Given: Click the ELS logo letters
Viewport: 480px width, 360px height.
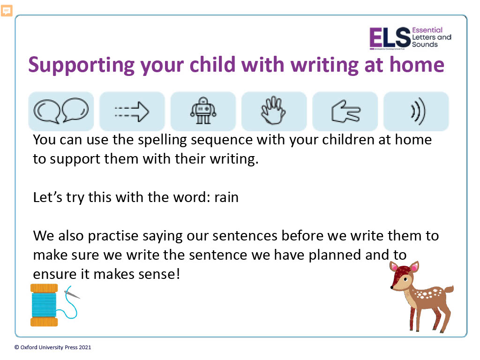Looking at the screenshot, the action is (x=390, y=37).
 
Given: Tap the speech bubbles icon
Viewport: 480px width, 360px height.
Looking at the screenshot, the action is (x=61, y=111).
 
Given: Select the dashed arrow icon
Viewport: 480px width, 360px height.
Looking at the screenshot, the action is (x=132, y=112).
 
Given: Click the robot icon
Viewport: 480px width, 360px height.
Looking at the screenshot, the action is (x=203, y=111).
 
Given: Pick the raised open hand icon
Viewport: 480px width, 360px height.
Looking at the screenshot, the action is (x=273, y=110).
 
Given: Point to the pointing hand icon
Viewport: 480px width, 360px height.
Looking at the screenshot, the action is (x=345, y=111).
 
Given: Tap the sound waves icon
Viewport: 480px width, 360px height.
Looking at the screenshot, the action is (x=418, y=111).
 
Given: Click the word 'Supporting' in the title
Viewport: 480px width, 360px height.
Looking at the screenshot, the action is (x=82, y=65).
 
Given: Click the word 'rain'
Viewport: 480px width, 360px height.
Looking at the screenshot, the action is (x=226, y=197).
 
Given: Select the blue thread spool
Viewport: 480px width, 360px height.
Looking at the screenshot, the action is (x=44, y=305).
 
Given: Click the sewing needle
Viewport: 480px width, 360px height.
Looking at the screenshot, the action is (x=72, y=294).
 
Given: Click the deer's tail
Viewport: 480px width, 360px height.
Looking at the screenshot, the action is (x=449, y=289).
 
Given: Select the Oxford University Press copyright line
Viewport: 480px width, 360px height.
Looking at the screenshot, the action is (x=52, y=347).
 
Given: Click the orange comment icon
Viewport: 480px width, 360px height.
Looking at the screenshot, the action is (x=7, y=11).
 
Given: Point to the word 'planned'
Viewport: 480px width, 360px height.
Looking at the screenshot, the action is (x=335, y=255).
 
